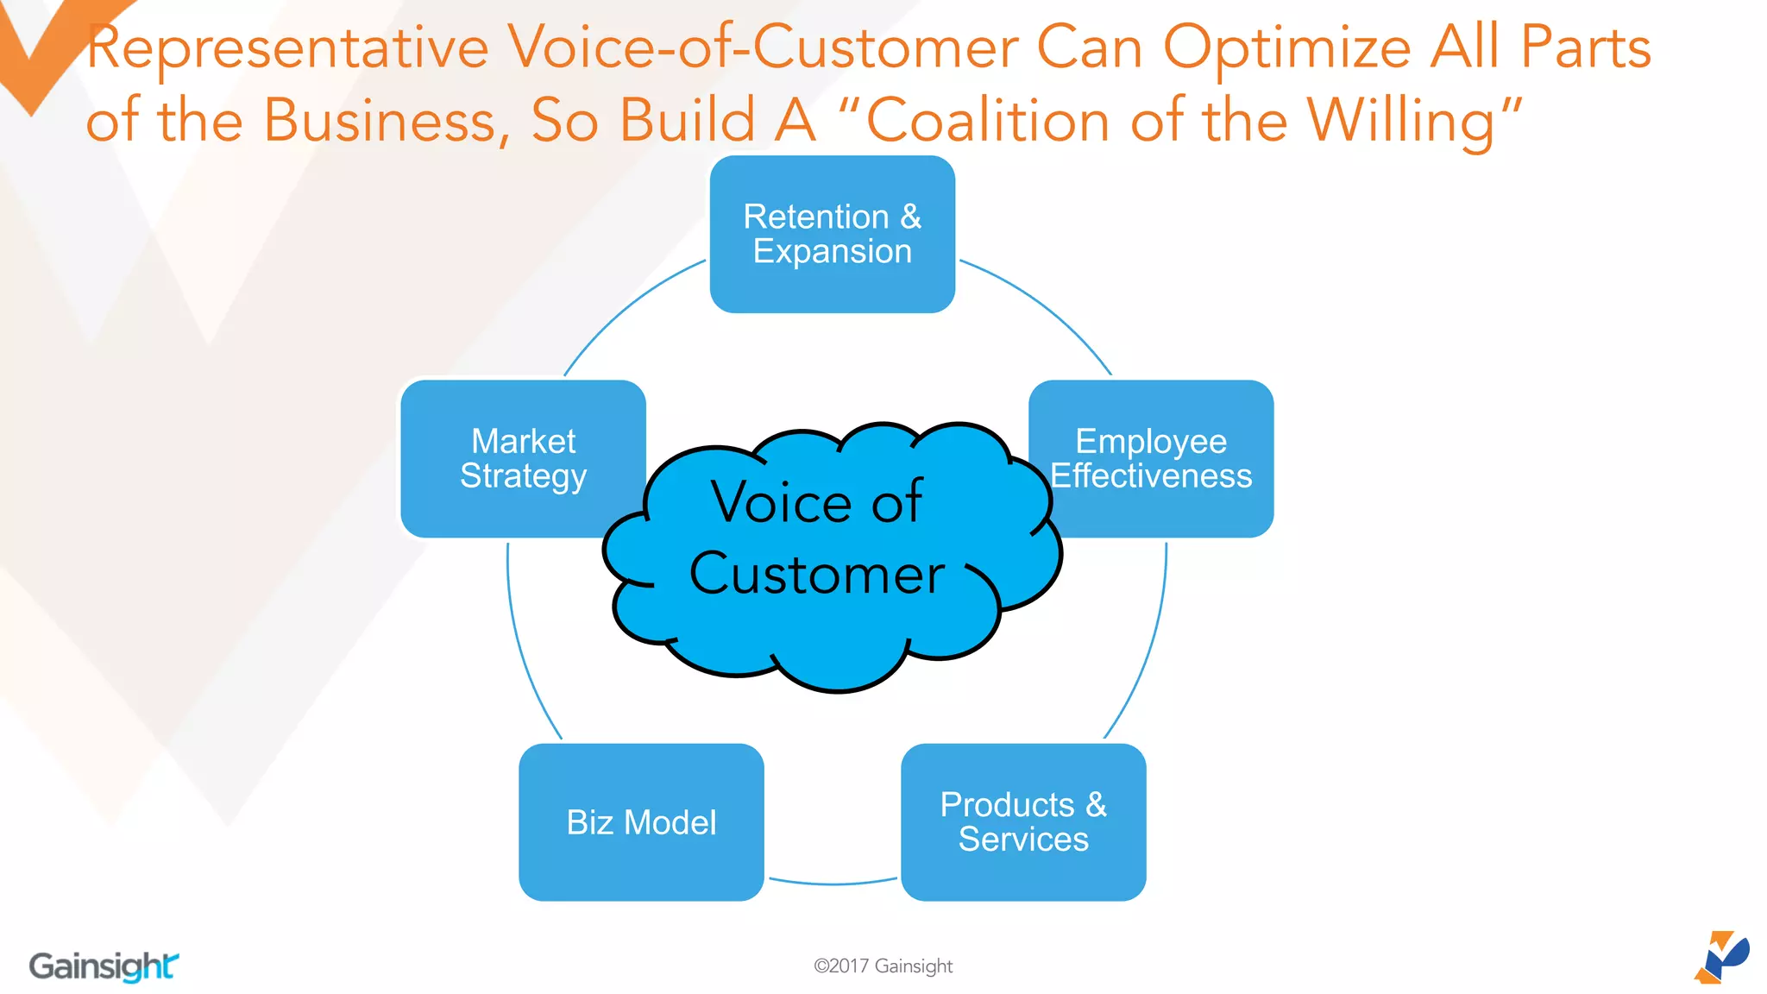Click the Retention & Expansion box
[832, 234]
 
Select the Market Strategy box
[523, 458]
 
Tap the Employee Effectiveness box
[1151, 458]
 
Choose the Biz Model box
[641, 822]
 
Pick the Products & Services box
[1023, 822]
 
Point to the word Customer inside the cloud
[816, 575]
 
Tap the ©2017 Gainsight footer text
[883, 966]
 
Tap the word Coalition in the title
[987, 121]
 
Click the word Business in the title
[380, 121]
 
